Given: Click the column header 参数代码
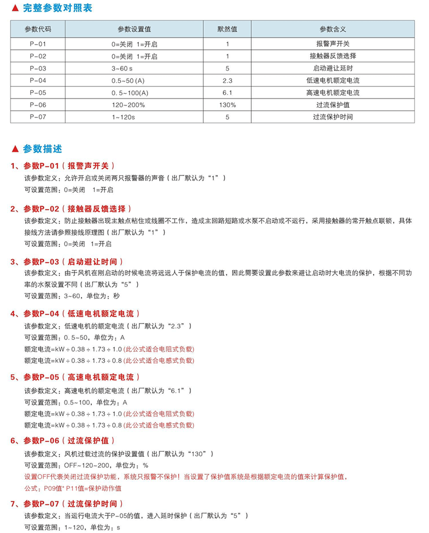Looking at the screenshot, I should click(38, 29).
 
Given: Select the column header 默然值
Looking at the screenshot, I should click(227, 29).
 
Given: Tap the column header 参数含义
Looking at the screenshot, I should click(332, 29).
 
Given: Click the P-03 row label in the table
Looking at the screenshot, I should click(38, 68).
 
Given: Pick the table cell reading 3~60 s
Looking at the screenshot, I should click(122, 69).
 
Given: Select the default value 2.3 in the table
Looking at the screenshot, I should click(227, 81).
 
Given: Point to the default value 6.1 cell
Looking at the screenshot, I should click(227, 93).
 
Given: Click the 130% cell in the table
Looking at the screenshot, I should click(227, 105).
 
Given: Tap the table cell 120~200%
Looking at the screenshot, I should click(128, 105).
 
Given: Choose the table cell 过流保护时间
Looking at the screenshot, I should click(332, 117).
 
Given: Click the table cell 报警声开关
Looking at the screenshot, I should click(332, 44).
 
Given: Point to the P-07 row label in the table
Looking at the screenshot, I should click(38, 117).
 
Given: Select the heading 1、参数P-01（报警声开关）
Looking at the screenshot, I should click(63, 166).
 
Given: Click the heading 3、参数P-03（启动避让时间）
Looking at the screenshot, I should click(67, 262).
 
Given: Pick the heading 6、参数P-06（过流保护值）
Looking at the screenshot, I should click(63, 440).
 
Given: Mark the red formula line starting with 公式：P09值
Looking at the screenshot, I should click(73, 488).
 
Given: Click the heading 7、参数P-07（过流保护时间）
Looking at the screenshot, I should click(67, 504).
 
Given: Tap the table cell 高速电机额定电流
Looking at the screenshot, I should click(332, 93).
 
